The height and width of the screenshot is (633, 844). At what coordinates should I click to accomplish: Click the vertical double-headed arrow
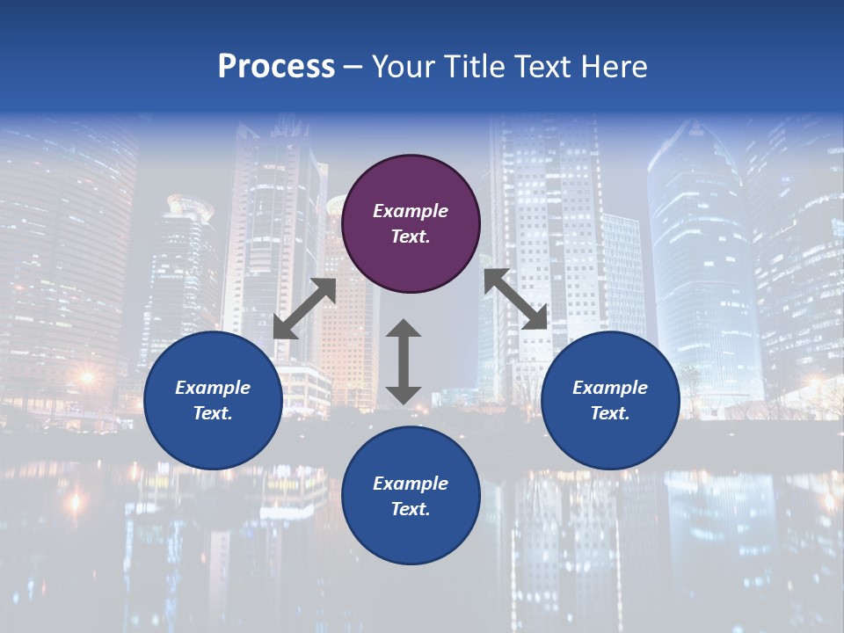(404, 361)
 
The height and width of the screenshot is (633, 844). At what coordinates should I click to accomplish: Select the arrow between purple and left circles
(304, 309)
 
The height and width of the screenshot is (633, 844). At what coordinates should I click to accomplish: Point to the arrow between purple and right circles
(515, 299)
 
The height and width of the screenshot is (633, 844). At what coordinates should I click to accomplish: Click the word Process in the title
(276, 67)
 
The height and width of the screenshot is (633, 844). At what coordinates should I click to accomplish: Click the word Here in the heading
(615, 67)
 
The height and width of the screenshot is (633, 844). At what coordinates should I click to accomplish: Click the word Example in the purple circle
(411, 211)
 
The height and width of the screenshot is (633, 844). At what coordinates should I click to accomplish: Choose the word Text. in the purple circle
(411, 236)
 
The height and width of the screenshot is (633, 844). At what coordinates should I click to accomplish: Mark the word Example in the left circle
(213, 388)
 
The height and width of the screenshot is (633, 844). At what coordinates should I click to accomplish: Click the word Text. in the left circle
(213, 413)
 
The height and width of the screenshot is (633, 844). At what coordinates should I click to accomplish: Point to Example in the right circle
(610, 388)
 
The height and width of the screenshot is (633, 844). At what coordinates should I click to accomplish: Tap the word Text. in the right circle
(610, 413)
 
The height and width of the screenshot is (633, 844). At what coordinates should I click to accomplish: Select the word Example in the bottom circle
(411, 484)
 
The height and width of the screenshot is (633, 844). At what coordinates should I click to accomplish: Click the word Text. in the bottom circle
(411, 509)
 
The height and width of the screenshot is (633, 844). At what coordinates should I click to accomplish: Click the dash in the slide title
(353, 68)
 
